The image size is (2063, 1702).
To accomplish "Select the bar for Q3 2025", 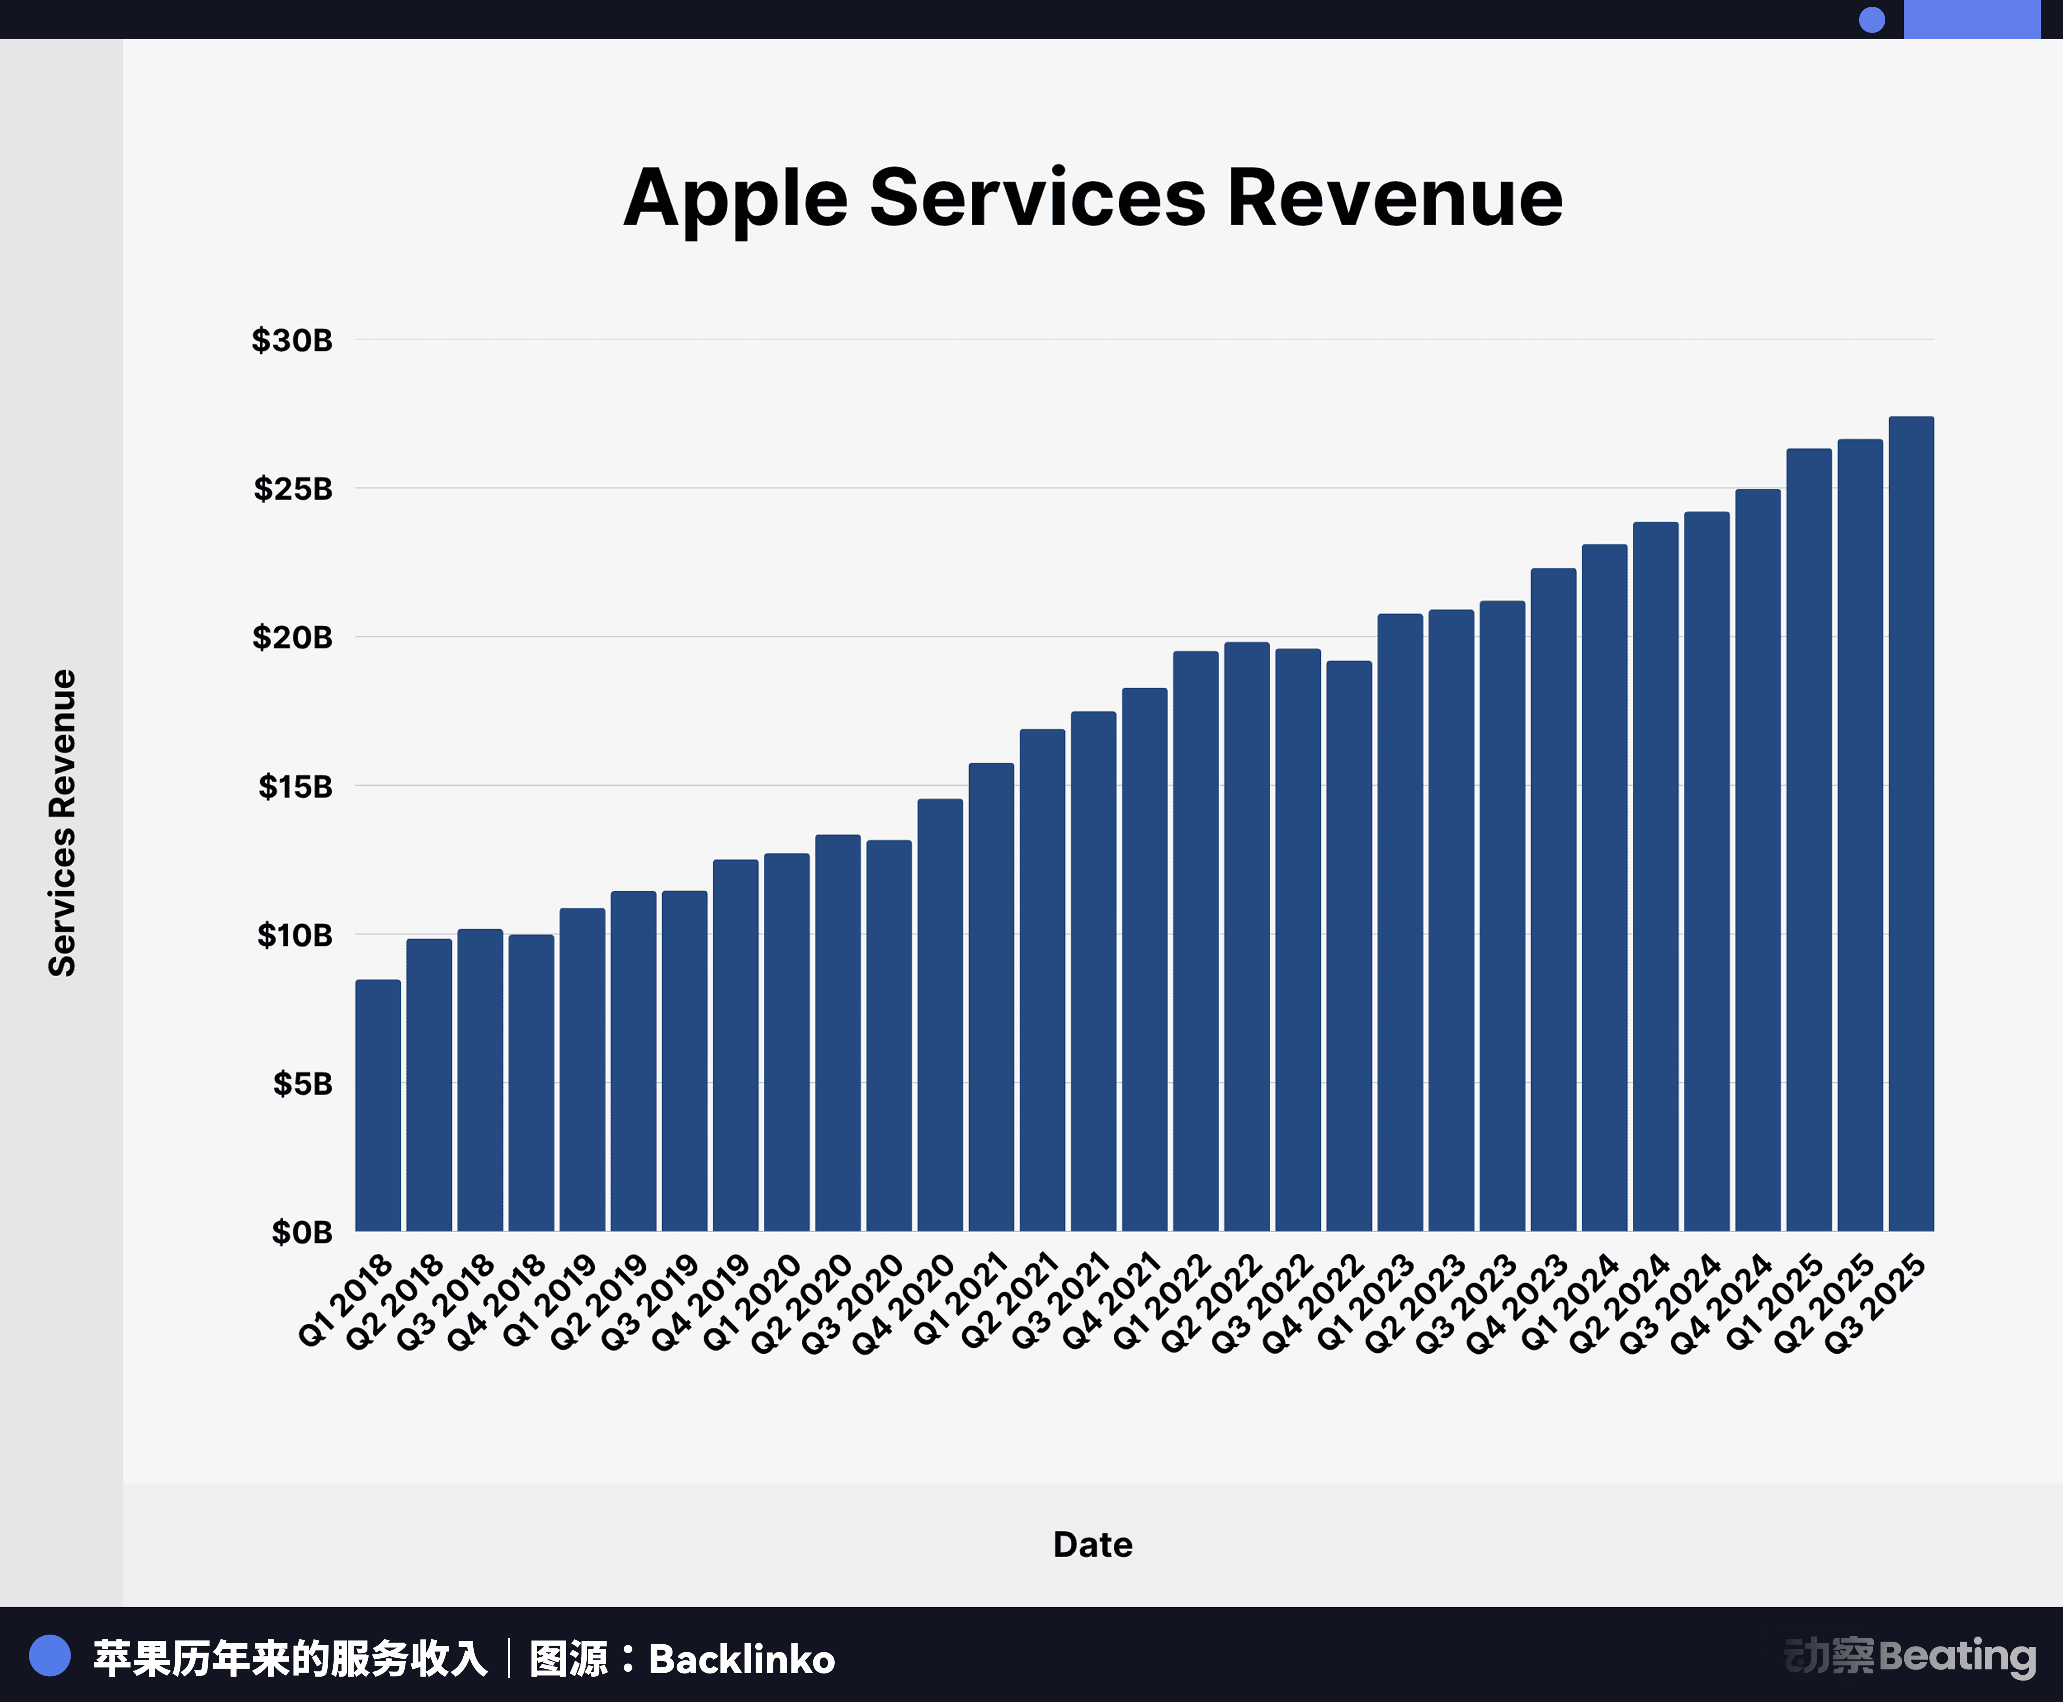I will pyautogui.click(x=1911, y=824).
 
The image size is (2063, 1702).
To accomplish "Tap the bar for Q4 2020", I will pyautogui.click(x=939, y=1015).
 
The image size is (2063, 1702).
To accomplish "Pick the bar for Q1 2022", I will pyautogui.click(x=1195, y=941).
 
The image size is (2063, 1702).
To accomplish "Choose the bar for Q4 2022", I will pyautogui.click(x=1348, y=946).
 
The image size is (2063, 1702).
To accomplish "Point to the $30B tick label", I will pyautogui.click(x=292, y=340).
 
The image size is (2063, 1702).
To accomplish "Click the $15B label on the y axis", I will pyautogui.click(x=295, y=786).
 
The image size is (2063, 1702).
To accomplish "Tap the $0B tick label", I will pyautogui.click(x=302, y=1232).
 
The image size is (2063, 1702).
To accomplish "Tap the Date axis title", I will pyautogui.click(x=1092, y=1545).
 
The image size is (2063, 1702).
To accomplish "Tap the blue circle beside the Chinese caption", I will pyautogui.click(x=50, y=1656).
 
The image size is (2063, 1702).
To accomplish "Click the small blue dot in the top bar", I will pyautogui.click(x=1872, y=19).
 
